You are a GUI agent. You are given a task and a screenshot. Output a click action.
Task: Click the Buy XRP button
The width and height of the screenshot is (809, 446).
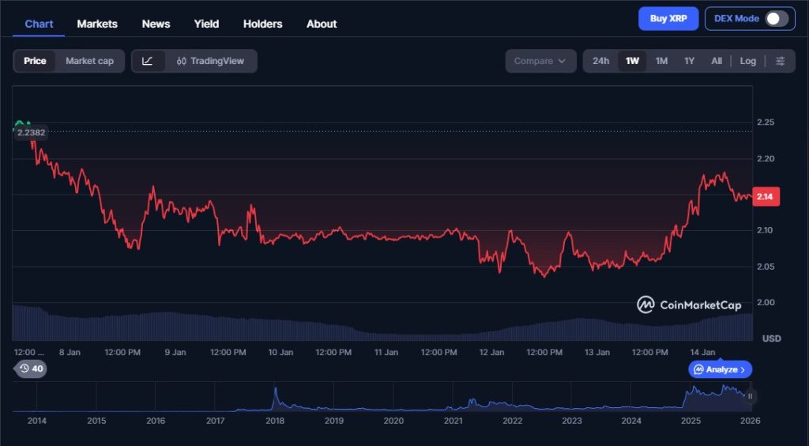[x=668, y=18]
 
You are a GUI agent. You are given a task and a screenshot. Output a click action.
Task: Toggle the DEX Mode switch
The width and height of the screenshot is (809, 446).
[x=776, y=19]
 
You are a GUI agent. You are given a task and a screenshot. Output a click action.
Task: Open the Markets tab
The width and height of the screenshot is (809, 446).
[x=97, y=24]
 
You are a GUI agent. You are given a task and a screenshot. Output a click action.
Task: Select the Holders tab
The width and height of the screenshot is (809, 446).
[x=262, y=24]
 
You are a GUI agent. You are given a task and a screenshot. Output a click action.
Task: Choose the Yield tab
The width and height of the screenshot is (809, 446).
[x=206, y=24]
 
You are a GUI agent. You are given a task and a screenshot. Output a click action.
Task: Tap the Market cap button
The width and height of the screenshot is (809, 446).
[x=89, y=61]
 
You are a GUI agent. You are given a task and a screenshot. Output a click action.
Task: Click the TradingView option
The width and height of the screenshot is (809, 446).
[x=211, y=61]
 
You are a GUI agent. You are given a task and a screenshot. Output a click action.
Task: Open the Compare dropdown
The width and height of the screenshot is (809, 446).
[x=540, y=61]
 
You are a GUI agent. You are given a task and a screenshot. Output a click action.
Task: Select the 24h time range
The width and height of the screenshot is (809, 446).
[x=600, y=61]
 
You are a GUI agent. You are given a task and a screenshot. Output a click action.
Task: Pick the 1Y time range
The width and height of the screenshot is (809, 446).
[x=689, y=61]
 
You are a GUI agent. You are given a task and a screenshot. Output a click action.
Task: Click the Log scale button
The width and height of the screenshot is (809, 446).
[x=747, y=61]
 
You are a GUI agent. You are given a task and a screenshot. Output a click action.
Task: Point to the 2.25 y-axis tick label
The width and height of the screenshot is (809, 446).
[x=765, y=123]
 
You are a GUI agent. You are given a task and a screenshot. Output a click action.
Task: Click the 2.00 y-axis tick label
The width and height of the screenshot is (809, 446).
[x=765, y=303]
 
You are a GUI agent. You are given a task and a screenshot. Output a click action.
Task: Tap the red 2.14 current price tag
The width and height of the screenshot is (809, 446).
[x=765, y=197]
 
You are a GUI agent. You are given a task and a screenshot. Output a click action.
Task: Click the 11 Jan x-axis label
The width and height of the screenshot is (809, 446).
[x=386, y=352]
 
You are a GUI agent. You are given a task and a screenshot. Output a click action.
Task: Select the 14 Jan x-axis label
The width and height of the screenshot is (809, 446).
[x=702, y=352]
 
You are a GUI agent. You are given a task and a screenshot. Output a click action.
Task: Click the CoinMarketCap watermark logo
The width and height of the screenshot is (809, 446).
[x=689, y=305]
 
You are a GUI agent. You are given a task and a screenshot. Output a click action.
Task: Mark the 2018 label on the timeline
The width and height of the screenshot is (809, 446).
[x=275, y=421]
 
